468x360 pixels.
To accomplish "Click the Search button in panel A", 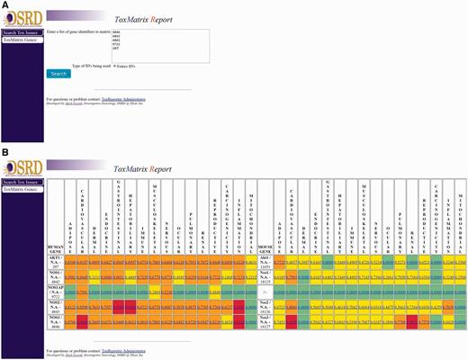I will (58, 74).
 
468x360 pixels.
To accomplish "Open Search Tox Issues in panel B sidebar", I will (22, 183).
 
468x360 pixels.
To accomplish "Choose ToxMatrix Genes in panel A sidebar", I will (22, 40).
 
